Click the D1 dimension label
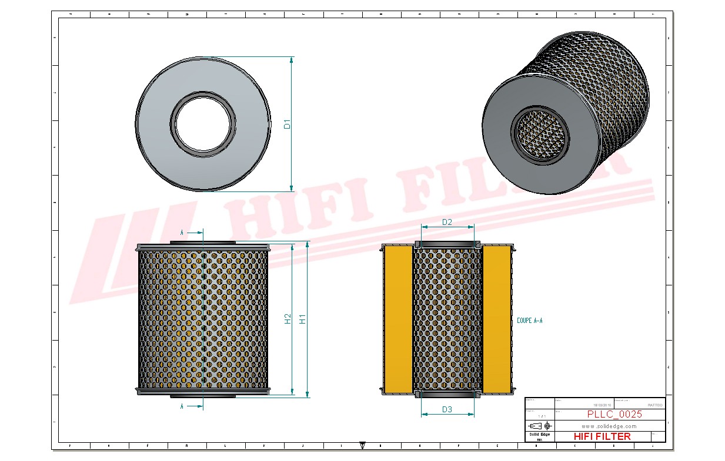[287, 124]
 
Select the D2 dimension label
[447, 222]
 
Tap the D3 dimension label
[447, 409]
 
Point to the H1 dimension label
[302, 319]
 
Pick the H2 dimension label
[288, 319]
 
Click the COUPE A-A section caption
[529, 321]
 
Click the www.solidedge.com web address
[609, 426]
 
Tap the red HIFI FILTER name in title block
[602, 436]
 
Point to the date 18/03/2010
[602, 405]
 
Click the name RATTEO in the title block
[654, 405]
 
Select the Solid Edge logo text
[539, 434]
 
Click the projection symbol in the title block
[539, 425]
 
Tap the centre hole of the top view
[203, 124]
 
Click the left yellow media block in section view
[398, 319]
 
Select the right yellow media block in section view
[497, 319]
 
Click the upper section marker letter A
[182, 233]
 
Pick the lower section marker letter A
[182, 406]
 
